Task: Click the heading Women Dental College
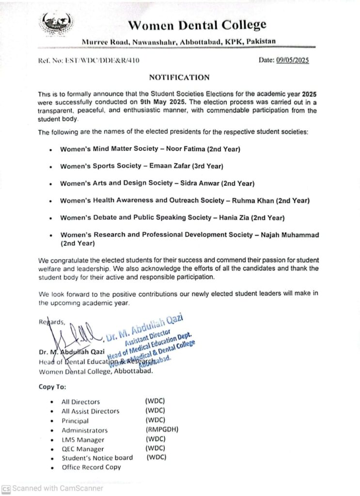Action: coord(197,25)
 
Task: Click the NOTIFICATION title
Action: coord(179,77)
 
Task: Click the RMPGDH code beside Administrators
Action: coord(161,430)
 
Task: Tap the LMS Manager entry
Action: coord(83,440)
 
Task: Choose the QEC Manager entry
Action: coord(83,449)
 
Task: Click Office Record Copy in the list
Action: coord(91,467)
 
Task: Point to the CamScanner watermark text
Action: coord(58,488)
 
